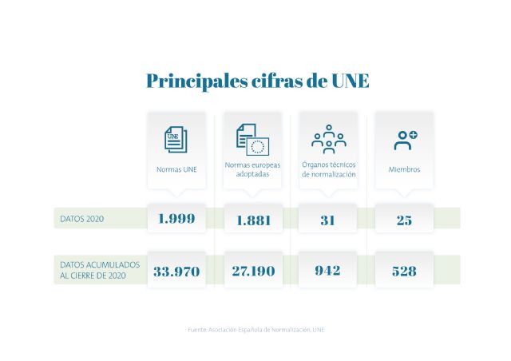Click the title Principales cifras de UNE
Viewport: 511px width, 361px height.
point(257,81)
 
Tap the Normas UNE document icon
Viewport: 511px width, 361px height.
point(176,139)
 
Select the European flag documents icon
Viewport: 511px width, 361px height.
point(252,139)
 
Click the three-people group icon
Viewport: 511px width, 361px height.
point(328,139)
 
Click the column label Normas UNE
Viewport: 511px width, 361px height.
point(176,169)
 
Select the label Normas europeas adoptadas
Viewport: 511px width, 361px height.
point(252,169)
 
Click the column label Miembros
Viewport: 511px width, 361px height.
point(404,169)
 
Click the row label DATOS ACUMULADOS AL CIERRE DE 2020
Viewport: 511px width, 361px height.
point(100,270)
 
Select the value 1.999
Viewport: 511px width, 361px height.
point(176,219)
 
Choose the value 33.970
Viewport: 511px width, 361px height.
point(176,271)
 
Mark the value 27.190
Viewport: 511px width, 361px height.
point(252,271)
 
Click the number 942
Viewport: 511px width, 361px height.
point(327,271)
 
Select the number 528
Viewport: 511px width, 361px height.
point(404,271)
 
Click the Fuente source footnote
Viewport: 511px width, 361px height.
point(255,329)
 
